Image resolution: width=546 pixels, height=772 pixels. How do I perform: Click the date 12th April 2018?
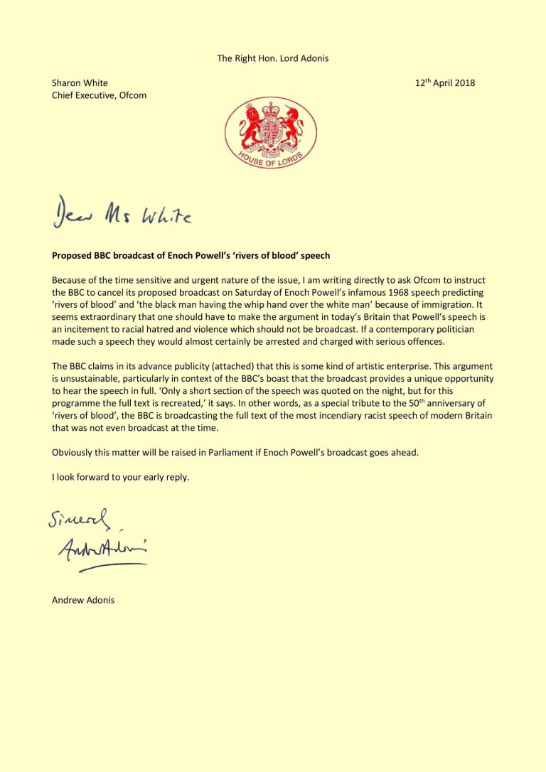coord(444,83)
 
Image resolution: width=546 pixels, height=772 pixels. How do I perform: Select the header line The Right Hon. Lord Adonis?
coord(272,58)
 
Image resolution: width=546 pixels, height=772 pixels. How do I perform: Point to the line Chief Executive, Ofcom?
coord(99,95)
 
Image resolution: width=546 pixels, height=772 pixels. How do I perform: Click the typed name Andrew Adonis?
coord(83,600)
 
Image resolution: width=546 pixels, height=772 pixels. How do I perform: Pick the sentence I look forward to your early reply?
coord(120,477)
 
